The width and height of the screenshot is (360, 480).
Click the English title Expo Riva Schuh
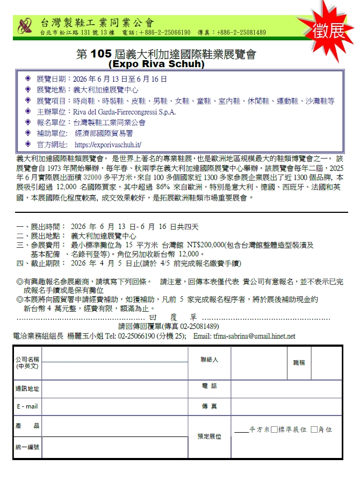tap(156, 64)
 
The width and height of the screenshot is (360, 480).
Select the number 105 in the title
tap(100, 54)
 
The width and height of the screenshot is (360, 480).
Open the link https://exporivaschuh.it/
tap(107, 145)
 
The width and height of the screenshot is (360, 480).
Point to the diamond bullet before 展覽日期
tap(28, 79)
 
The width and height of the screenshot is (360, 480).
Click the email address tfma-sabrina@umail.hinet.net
tap(253, 336)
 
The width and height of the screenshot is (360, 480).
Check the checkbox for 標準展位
tap(275, 429)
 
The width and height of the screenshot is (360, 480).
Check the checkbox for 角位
tap(314, 429)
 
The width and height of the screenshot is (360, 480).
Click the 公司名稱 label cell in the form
tap(27, 362)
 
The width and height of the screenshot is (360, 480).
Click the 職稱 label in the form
tap(299, 363)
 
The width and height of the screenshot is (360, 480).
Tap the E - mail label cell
tap(27, 406)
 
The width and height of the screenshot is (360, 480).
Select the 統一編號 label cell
tap(27, 447)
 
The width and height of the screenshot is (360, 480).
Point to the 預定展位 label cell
tap(209, 436)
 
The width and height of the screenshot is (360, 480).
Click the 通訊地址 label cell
tap(27, 388)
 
